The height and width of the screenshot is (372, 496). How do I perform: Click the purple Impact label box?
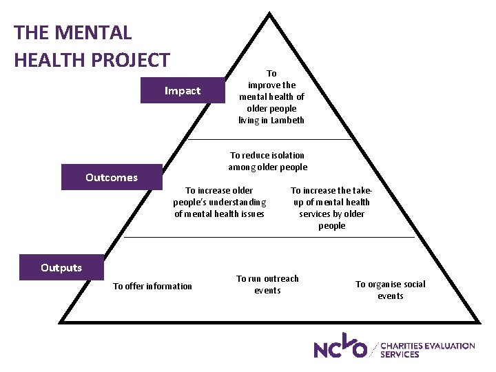click(183, 91)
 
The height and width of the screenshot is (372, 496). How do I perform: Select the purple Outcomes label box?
click(112, 178)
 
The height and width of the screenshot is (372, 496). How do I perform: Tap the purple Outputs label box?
click(61, 267)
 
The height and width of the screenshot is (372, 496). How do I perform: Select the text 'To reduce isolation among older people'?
click(267, 161)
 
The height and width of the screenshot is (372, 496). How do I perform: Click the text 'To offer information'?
click(152, 286)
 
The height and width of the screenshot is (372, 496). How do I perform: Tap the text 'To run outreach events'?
click(267, 285)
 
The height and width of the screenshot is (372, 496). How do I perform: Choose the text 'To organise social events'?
click(390, 290)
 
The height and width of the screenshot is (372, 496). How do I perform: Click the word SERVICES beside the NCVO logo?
click(399, 354)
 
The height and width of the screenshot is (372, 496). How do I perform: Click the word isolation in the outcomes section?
click(283, 156)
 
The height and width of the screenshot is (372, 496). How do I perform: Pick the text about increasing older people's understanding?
click(219, 202)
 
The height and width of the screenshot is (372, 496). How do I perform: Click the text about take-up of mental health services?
click(331, 208)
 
